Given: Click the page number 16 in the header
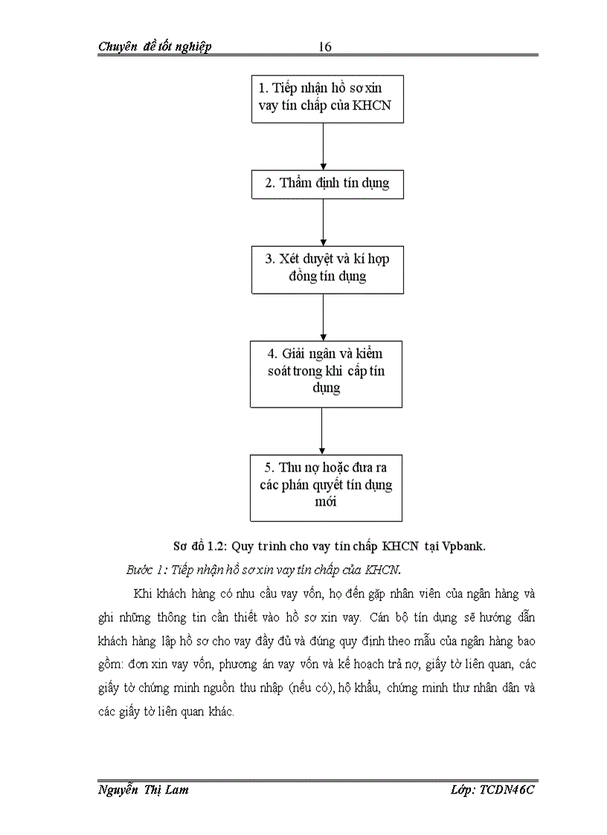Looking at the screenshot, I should pyautogui.click(x=324, y=47).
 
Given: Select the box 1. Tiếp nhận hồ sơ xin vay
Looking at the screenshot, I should pyautogui.click(x=327, y=98).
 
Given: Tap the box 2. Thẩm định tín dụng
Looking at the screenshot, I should pyautogui.click(x=327, y=183).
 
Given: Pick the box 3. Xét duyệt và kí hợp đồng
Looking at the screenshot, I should pyautogui.click(x=327, y=268).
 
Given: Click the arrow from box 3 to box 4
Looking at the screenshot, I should pyautogui.click(x=323, y=317).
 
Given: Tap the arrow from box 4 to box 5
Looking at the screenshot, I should pyautogui.click(x=321, y=431).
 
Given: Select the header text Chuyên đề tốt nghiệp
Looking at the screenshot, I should pyautogui.click(x=155, y=47).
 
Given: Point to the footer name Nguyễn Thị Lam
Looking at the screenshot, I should pyautogui.click(x=143, y=790).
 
